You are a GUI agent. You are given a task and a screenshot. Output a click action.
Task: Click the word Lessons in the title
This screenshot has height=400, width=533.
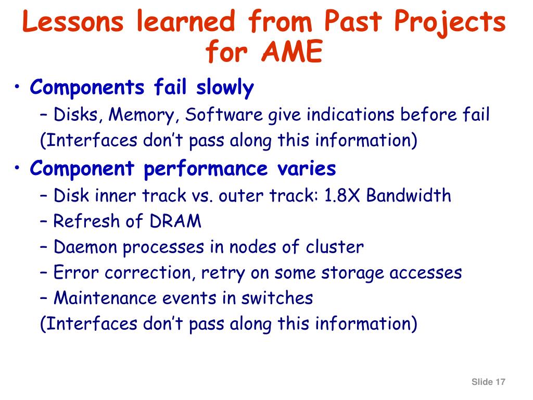click(73, 21)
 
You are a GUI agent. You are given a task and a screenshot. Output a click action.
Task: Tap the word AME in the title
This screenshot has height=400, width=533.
click(292, 52)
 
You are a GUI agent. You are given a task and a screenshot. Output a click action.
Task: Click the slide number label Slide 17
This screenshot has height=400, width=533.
click(488, 382)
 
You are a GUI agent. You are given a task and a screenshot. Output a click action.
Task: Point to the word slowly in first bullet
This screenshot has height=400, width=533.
click(225, 87)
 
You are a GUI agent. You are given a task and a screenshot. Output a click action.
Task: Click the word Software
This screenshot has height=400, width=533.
click(224, 114)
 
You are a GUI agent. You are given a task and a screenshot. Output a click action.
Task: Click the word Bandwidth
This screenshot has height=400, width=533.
click(409, 195)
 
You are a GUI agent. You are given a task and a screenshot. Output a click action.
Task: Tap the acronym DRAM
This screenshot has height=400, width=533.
click(175, 221)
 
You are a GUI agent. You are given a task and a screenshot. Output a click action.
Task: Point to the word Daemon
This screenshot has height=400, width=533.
click(85, 246)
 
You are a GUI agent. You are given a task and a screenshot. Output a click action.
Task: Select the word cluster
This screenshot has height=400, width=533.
click(335, 246)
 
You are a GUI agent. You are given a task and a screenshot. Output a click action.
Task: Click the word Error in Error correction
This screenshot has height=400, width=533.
click(76, 272)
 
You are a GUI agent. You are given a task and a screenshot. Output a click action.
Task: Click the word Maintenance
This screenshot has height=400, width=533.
click(105, 298)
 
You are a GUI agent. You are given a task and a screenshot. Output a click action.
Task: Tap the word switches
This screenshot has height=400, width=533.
click(277, 298)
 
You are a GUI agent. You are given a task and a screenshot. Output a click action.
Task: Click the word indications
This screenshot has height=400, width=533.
click(350, 114)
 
